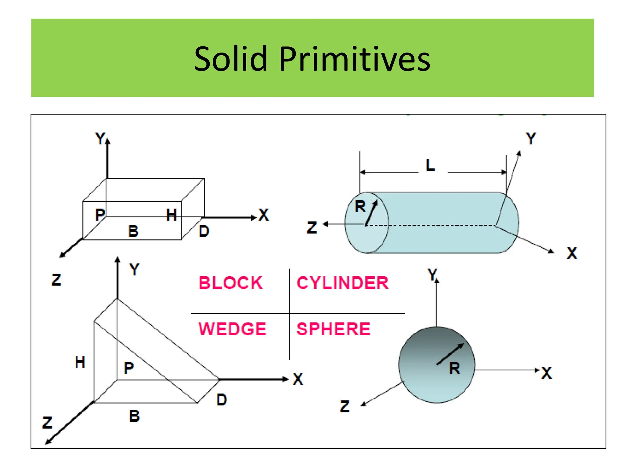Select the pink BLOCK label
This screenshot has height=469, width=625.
(230, 283)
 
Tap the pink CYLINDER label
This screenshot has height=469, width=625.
(342, 283)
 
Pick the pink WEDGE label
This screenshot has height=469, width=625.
(232, 329)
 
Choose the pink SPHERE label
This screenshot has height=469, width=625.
(333, 329)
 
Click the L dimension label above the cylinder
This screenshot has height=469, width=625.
(430, 165)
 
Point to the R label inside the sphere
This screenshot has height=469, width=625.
(454, 368)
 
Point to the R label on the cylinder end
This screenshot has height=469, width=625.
(360, 207)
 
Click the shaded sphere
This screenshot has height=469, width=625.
(427, 373)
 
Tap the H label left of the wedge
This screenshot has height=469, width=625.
(80, 362)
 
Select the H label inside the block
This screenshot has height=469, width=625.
(172, 215)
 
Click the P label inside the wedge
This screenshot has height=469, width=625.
(129, 368)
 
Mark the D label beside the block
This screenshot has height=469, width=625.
(204, 231)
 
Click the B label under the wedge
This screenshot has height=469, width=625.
(134, 416)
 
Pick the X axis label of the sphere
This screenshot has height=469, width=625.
(547, 373)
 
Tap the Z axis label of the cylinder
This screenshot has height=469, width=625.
(312, 228)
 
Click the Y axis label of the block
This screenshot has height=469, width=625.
(100, 139)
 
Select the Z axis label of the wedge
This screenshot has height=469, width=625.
(47, 423)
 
